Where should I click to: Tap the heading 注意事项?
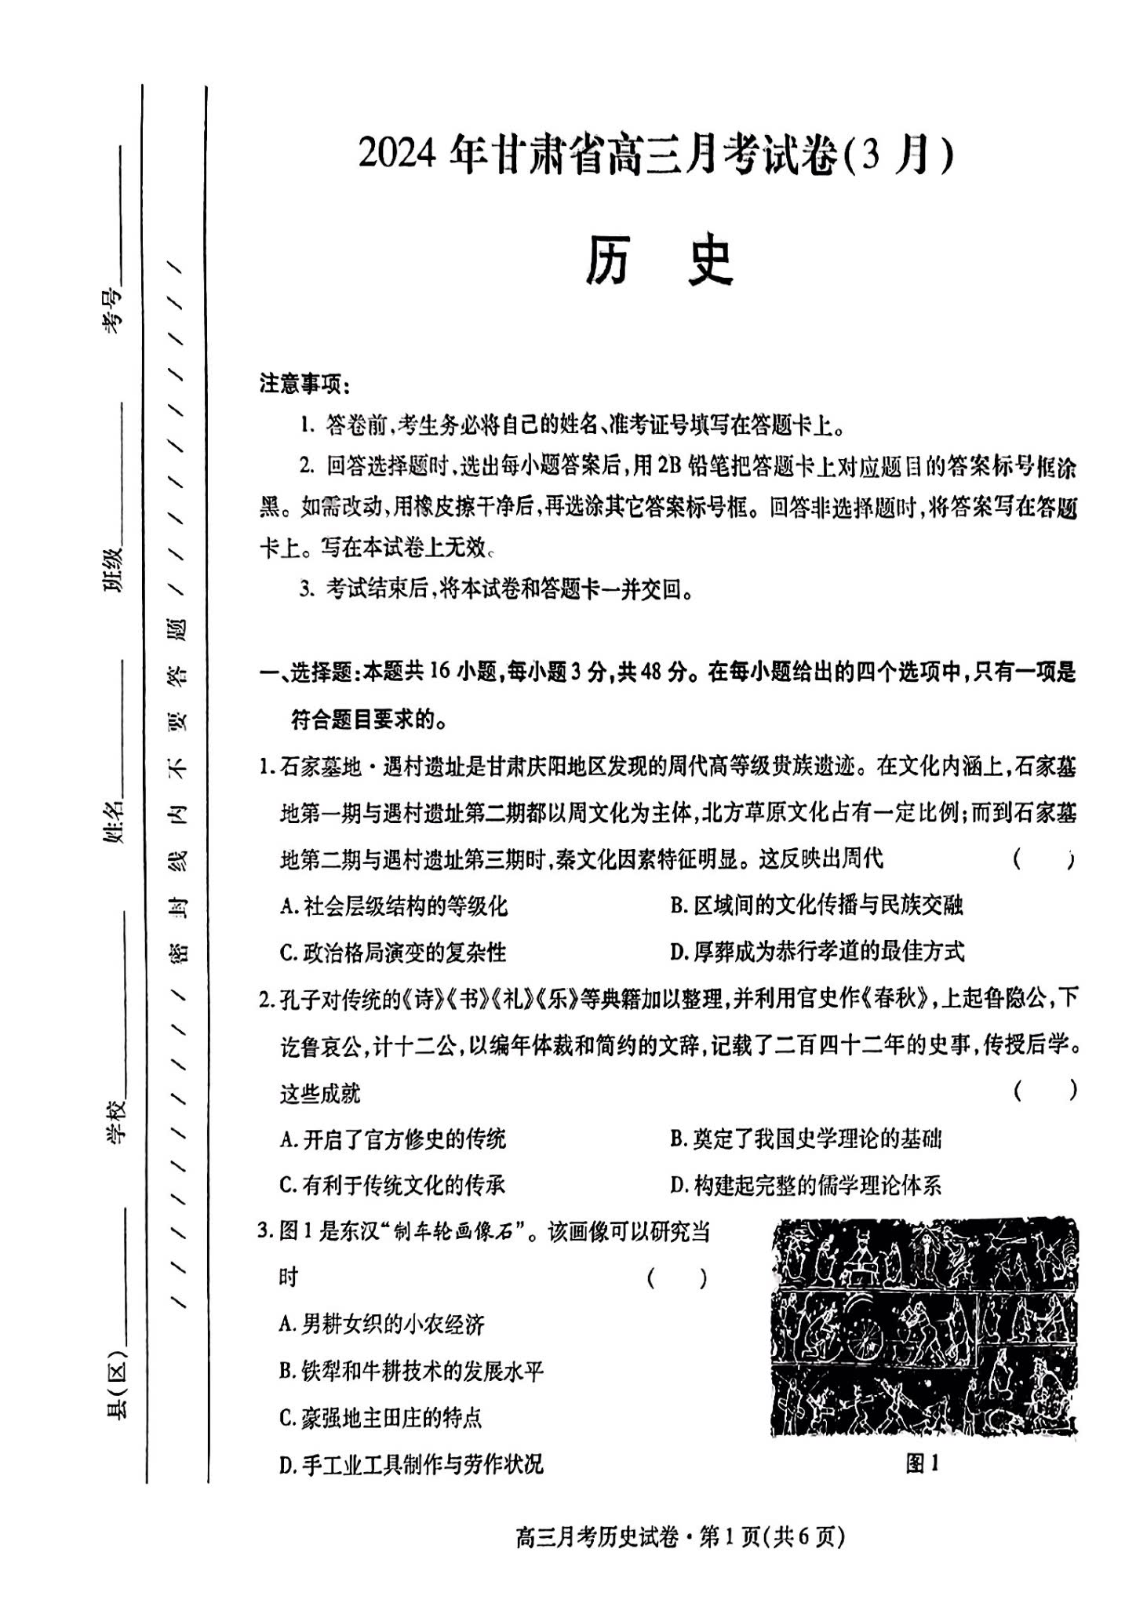(304, 384)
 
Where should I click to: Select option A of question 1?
(394, 906)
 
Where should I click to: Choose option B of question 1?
(816, 906)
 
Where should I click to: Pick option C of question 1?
(393, 953)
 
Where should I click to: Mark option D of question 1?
(817, 952)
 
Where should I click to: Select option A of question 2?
(393, 1139)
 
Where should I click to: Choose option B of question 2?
(805, 1139)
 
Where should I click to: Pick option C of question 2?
(392, 1185)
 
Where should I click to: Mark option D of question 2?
(805, 1185)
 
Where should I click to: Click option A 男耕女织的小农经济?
(382, 1325)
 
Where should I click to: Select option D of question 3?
(410, 1464)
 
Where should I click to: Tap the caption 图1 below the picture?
(922, 1463)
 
